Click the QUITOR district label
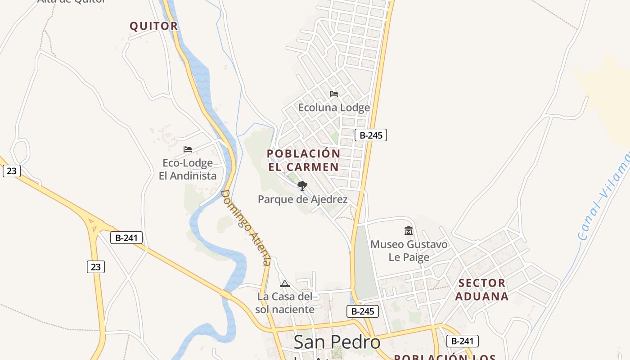coord(154,26)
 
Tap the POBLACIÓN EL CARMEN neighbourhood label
coord(304,160)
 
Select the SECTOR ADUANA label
coord(481,290)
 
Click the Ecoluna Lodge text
coord(334,108)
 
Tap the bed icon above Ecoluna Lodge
coord(334,94)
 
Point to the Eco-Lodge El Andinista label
coord(188,169)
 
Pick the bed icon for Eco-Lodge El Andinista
coord(188,149)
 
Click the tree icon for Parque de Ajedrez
coord(302,185)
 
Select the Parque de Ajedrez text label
coord(303,199)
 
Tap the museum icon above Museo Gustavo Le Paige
coord(409,230)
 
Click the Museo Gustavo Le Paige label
coord(409,251)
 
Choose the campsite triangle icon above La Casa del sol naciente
coord(284,283)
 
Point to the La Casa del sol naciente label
coord(285,303)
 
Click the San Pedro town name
coord(337,342)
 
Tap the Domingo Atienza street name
coord(246,228)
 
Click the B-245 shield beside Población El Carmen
coord(371,135)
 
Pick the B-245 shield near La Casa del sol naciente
coord(363,311)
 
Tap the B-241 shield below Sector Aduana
coord(462,341)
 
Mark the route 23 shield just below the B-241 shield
coord(96,267)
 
